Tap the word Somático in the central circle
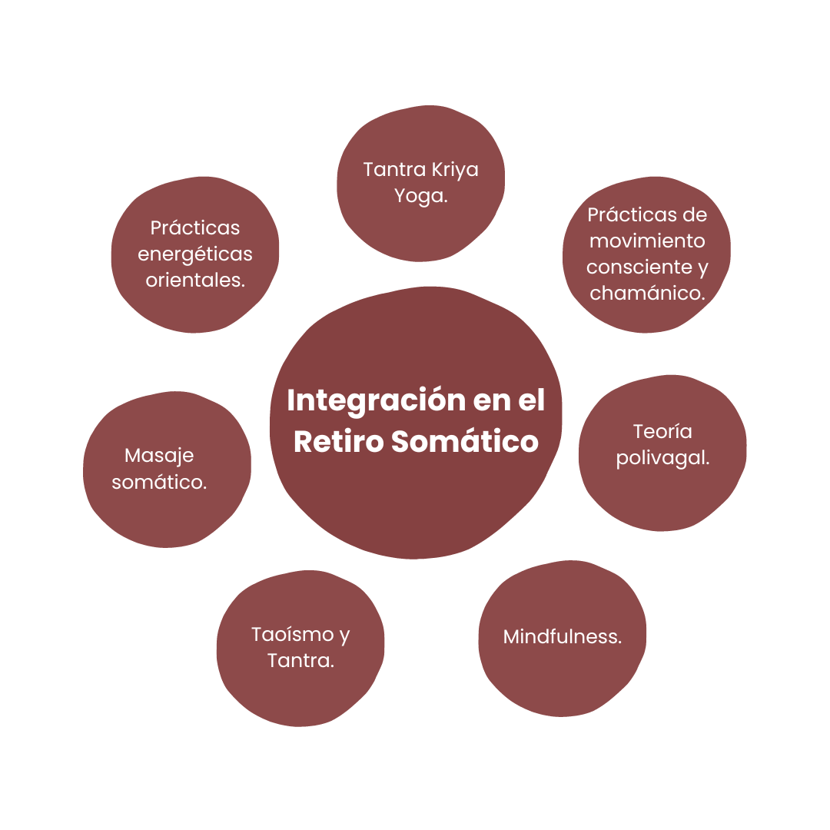pos(465,441)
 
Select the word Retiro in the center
pos(339,441)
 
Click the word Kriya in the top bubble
pos(455,169)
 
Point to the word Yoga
pos(421,196)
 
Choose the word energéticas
pos(195,254)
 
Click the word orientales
pos(195,280)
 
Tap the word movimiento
pos(647,241)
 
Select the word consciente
pos(639,267)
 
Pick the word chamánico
pos(647,293)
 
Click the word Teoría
pos(662,431)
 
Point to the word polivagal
pos(662,458)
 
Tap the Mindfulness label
pos(562,636)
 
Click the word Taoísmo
pos(293,634)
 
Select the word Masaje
pos(159,456)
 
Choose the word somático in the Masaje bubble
pos(159,482)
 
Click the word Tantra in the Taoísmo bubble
pos(300,661)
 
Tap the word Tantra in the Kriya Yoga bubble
pos(395,169)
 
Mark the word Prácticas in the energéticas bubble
pos(195,227)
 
